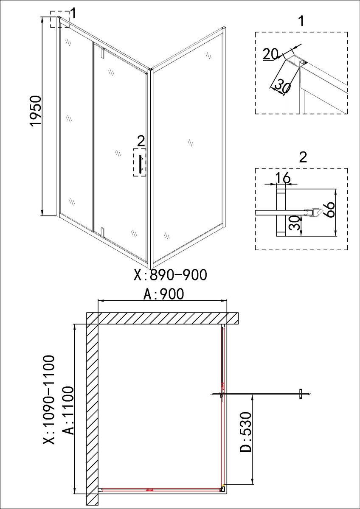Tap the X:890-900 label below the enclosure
pos(171,274)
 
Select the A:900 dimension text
pos(163,294)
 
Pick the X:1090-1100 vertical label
pos(49,415)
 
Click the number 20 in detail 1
pos(270,54)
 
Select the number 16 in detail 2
pos(283,177)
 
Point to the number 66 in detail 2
pos(329,210)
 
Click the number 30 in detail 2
pos(295,223)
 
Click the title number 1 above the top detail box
pos(301,21)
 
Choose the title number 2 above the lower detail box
pos(303,157)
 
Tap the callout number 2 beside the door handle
pos(141,141)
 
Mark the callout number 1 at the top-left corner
pos(73,14)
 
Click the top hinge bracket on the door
pos(103,52)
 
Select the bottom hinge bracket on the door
pos(103,232)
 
